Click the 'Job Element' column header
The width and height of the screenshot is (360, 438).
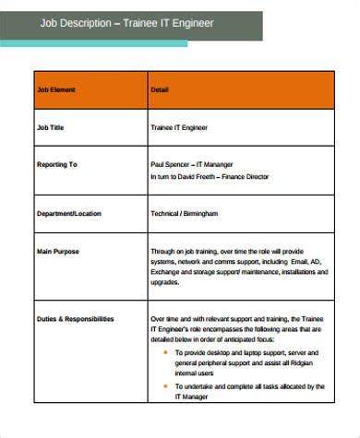click(55, 89)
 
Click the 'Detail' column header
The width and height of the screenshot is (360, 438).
click(159, 89)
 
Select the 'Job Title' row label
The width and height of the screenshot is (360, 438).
click(49, 128)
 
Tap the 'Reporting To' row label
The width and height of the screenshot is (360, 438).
click(56, 164)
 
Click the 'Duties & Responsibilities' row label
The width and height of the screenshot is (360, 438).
click(76, 318)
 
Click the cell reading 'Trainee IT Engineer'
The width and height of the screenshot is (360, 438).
click(179, 128)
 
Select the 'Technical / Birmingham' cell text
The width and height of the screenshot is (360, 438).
click(184, 213)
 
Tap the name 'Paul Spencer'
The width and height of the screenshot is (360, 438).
click(171, 164)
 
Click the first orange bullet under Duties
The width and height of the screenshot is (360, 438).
click(165, 352)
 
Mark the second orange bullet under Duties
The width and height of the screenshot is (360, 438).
click(165, 386)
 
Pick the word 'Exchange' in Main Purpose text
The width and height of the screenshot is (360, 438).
click(166, 272)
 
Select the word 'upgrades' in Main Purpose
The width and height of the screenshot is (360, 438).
click(166, 283)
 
